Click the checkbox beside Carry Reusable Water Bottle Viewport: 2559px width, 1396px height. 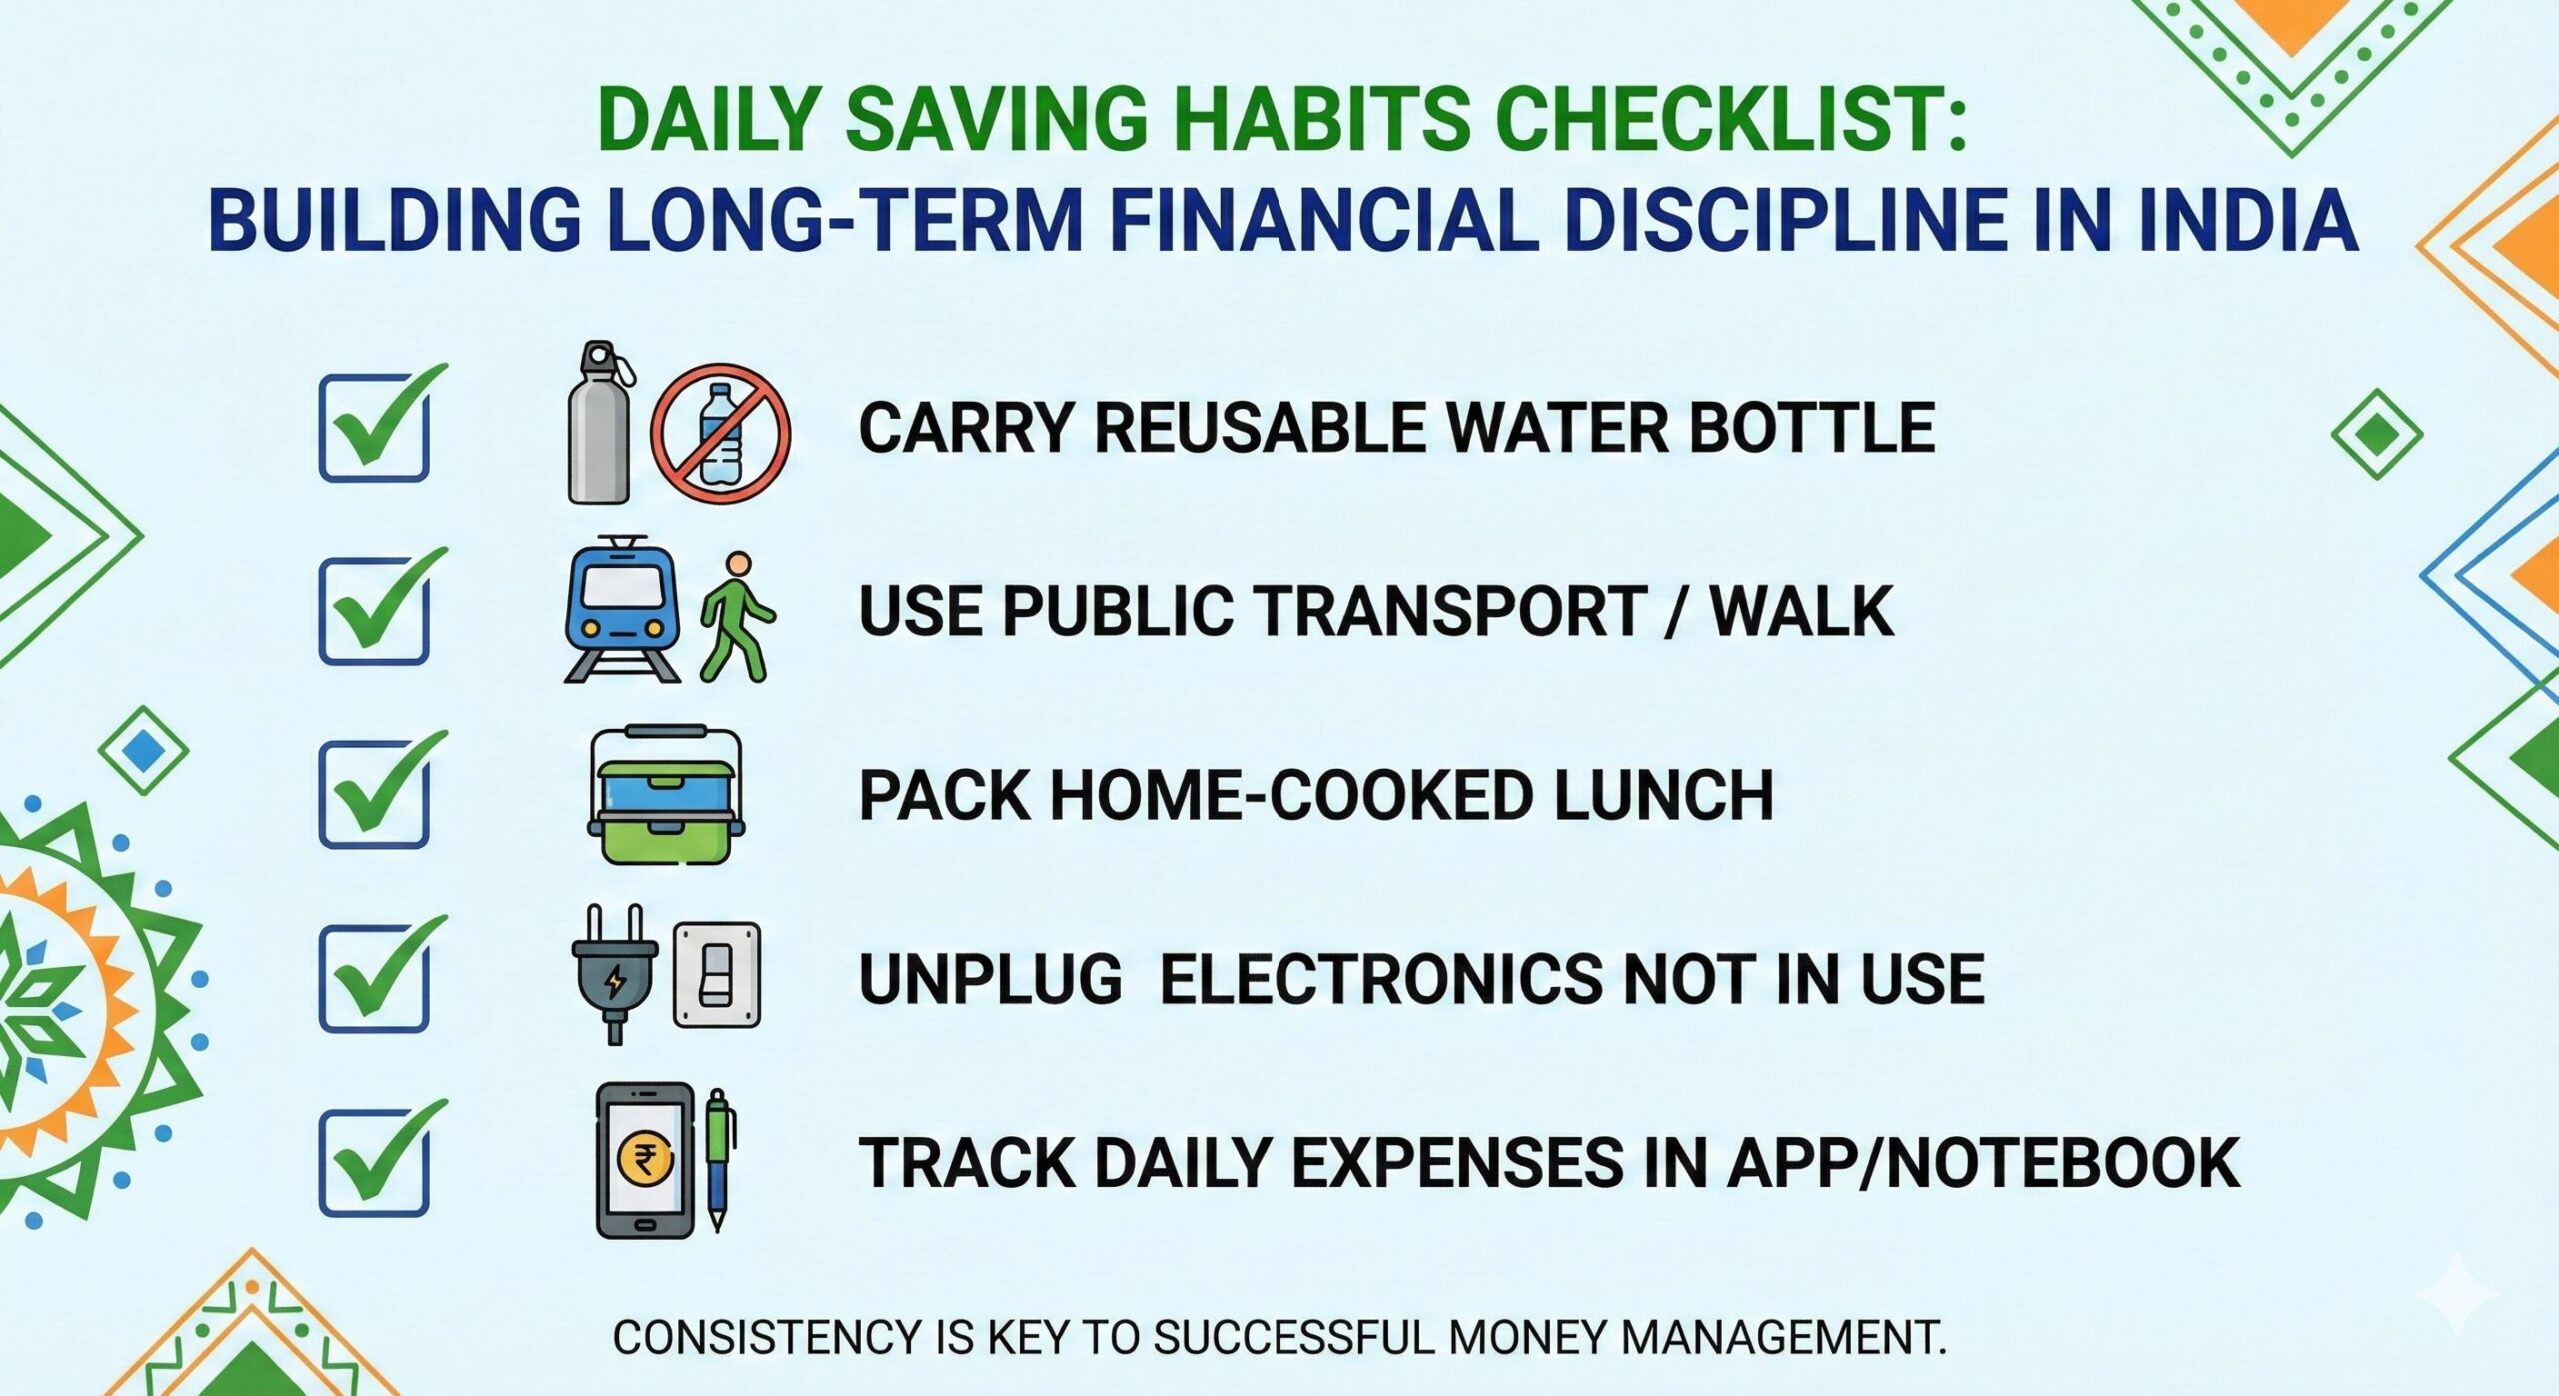tap(375, 427)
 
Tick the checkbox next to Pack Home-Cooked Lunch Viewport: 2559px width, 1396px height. tap(375, 794)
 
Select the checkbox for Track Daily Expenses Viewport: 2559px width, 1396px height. tap(375, 1162)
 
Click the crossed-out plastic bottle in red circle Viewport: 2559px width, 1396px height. tap(721, 433)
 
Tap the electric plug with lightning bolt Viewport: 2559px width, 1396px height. tap(614, 973)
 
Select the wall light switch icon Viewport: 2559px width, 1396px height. tap(717, 975)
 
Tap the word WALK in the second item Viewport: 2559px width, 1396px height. tap(1802, 611)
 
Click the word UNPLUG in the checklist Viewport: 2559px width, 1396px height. tap(991, 979)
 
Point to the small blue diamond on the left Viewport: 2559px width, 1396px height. tap(144, 750)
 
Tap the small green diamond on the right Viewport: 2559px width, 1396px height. tap(2377, 434)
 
